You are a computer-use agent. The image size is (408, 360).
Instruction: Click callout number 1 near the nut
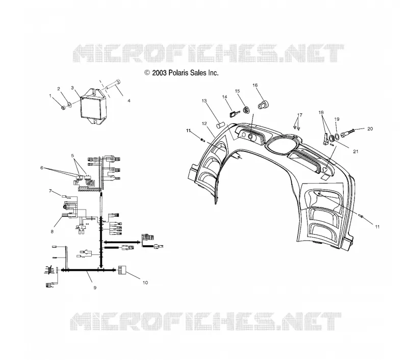coord(50,96)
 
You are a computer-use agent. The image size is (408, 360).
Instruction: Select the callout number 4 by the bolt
coord(129,100)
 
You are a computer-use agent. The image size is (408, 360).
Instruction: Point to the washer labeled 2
coord(69,105)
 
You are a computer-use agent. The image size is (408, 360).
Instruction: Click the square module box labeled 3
coord(93,106)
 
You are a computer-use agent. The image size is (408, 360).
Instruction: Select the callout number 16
coord(255,85)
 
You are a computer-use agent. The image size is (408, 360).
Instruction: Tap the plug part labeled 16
coord(263,105)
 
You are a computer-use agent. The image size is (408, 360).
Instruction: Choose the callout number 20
coord(370,129)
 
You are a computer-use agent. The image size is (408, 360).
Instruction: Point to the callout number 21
coord(355,151)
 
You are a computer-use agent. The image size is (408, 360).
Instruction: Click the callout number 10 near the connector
coord(145,282)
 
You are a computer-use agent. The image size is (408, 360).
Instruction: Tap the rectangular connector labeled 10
coord(122,270)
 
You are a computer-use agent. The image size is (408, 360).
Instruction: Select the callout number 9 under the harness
coord(95,288)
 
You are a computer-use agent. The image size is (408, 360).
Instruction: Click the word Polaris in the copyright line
coord(178,73)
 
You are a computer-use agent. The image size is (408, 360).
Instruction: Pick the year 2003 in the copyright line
coord(159,73)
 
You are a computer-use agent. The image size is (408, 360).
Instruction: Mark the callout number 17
coord(300,115)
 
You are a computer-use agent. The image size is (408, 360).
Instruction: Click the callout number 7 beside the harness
coord(50,191)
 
